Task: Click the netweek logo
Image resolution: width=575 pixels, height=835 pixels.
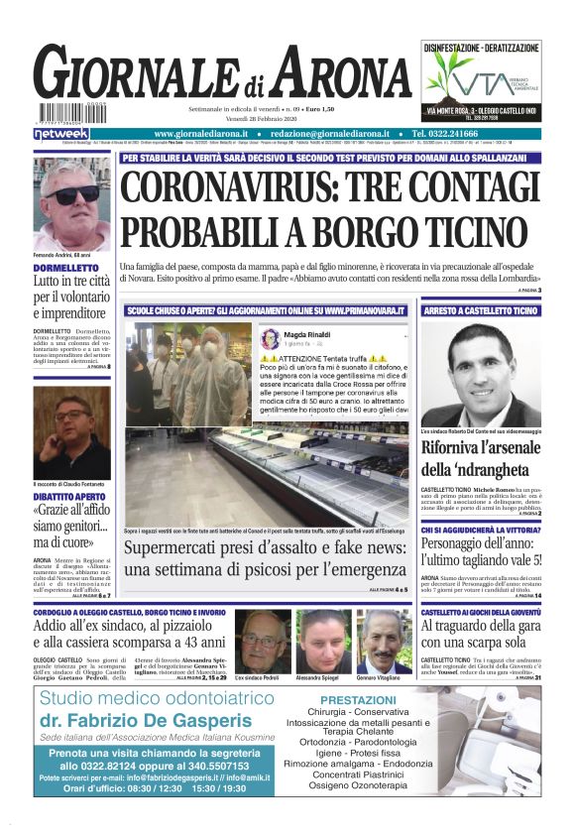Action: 60,133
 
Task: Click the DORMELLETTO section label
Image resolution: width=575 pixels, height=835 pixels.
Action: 64,269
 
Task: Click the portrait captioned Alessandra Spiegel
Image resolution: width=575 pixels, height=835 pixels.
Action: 323,640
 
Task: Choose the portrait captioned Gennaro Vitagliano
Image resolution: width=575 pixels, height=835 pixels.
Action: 384,640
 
